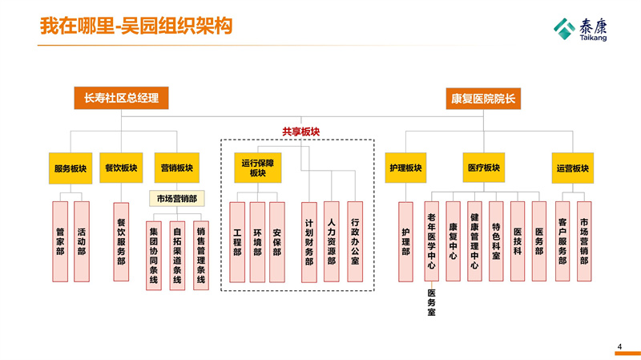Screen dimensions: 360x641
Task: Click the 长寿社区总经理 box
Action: tap(121, 98)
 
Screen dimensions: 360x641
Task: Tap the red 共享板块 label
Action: tap(300, 132)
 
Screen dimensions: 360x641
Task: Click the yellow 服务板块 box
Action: tap(70, 168)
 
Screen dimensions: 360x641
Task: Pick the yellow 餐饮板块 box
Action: tap(121, 168)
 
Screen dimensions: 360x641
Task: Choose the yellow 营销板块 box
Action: tap(175, 168)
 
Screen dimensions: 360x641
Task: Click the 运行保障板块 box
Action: tap(257, 168)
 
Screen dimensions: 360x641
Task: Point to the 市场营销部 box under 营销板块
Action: tap(176, 198)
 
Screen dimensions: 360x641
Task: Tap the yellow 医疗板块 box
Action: tap(483, 168)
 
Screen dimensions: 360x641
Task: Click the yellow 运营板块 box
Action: tap(572, 168)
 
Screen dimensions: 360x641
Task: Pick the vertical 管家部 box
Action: tap(60, 241)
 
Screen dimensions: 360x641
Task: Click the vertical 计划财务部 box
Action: tap(309, 241)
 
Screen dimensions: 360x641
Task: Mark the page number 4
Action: tap(619, 346)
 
